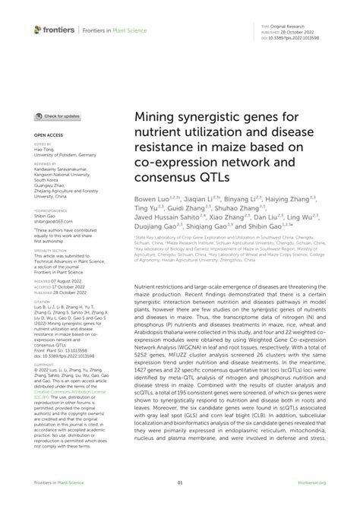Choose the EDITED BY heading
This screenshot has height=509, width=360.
coord(43,144)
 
